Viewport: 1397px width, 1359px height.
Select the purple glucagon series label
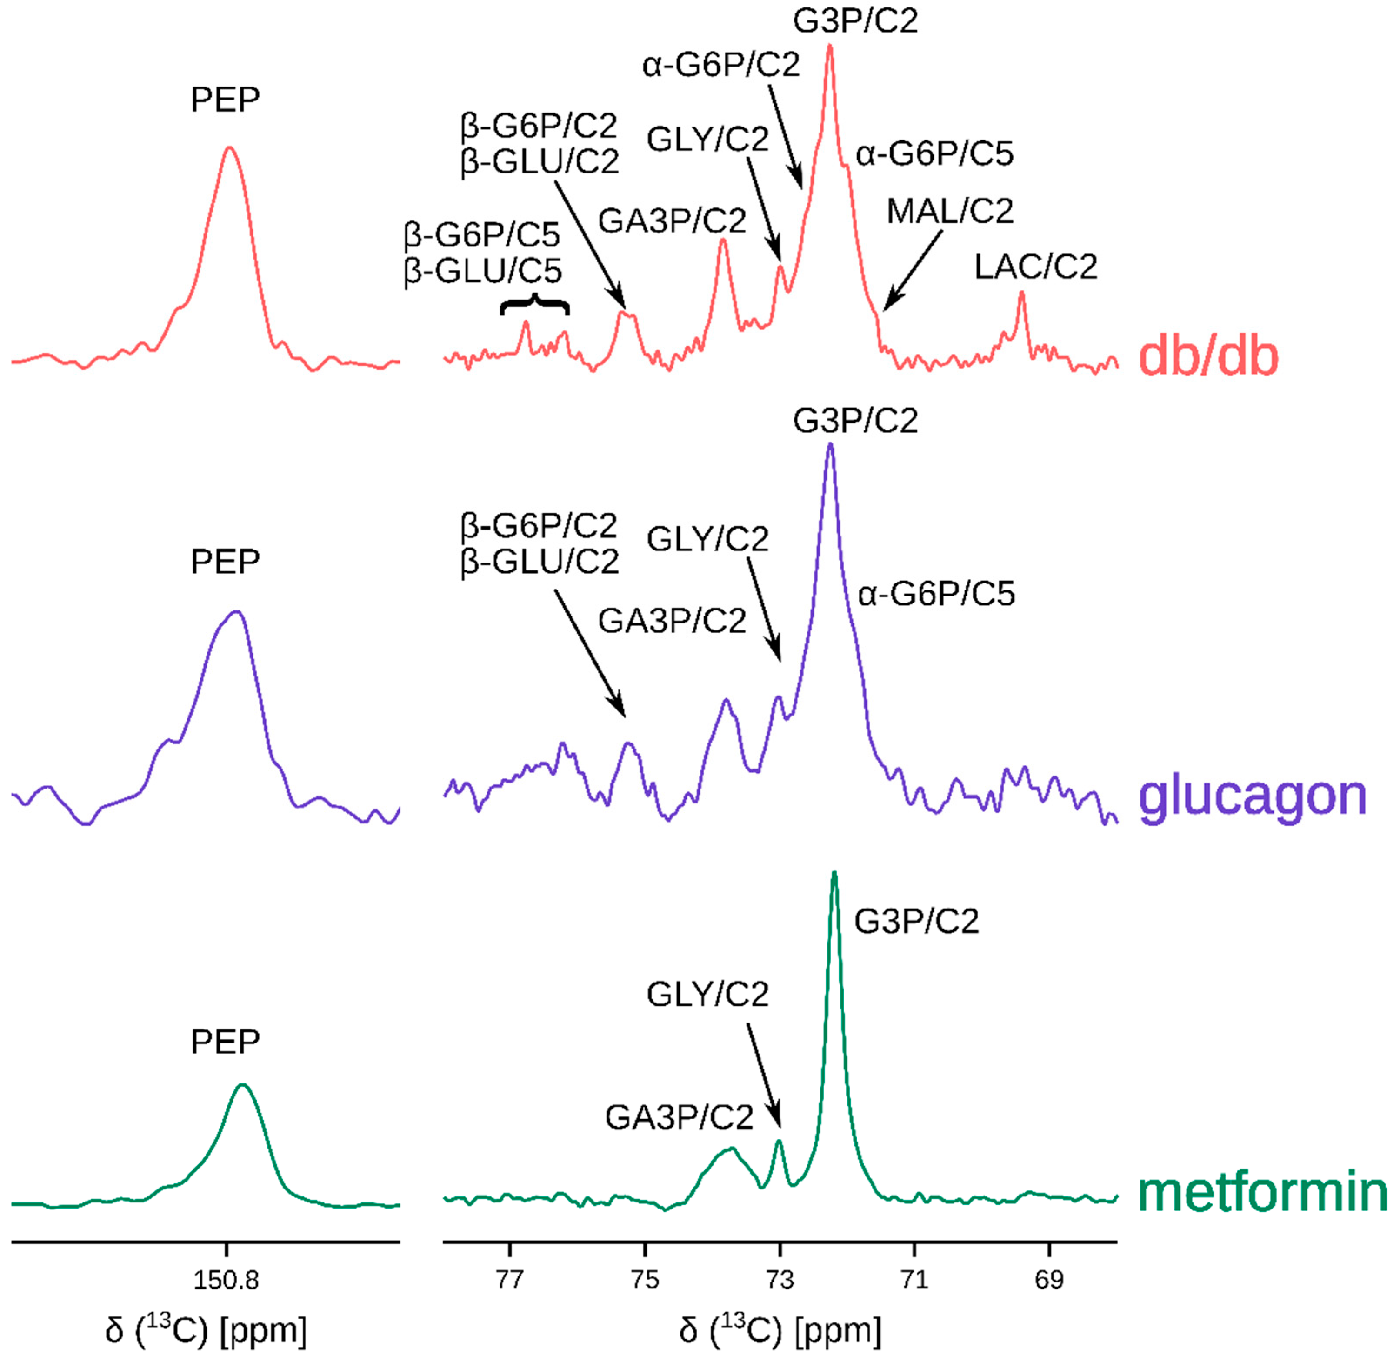tap(1253, 796)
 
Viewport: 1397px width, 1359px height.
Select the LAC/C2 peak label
tap(1036, 267)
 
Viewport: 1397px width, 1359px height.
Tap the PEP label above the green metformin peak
tap(225, 1043)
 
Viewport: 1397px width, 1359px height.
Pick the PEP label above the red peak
tap(225, 100)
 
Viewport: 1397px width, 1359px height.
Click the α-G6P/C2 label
tap(721, 66)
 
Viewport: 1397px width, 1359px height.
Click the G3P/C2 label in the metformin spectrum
tap(917, 922)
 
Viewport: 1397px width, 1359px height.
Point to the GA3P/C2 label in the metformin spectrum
tap(679, 1117)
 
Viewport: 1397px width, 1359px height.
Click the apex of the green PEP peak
tap(243, 1086)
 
